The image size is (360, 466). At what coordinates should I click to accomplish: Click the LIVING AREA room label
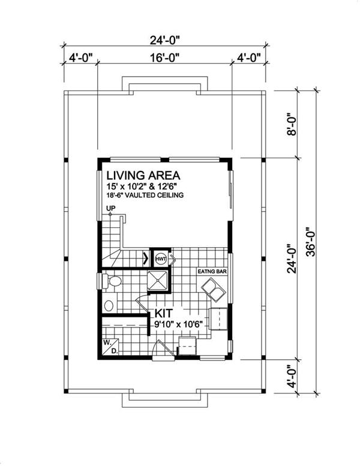[143, 175]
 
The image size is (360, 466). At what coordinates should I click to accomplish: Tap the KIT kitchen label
[164, 313]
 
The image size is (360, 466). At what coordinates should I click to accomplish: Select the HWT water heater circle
[161, 258]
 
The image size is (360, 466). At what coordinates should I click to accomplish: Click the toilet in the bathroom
[112, 281]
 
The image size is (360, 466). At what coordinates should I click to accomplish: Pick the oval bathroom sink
[109, 305]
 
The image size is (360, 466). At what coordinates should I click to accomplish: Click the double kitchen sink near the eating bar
[214, 290]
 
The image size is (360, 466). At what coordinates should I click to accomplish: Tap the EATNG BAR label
[212, 271]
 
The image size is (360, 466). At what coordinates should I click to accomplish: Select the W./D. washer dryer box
[110, 347]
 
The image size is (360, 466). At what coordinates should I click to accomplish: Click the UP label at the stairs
[110, 208]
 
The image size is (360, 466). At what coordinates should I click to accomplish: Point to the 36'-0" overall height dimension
[310, 242]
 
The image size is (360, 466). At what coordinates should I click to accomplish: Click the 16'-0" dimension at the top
[164, 58]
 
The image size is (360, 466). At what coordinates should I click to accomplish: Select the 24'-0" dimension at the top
[164, 40]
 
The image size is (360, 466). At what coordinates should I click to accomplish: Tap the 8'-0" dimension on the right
[292, 124]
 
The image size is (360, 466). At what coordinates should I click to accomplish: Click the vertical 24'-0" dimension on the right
[292, 259]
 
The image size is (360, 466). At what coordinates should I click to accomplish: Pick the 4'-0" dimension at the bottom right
[292, 377]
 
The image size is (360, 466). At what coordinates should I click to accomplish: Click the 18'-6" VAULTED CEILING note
[145, 196]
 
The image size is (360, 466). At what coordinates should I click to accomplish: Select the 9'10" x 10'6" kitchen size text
[178, 324]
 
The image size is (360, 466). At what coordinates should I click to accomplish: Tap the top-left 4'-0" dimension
[81, 58]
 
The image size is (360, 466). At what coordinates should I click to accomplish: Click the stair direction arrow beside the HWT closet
[146, 258]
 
